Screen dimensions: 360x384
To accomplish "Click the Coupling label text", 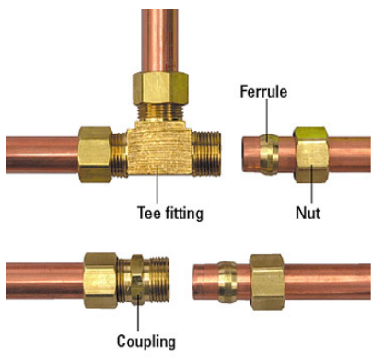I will [145, 342].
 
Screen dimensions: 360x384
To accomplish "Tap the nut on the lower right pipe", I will [272, 278].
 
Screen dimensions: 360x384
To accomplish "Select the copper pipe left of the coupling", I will [41, 278].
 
